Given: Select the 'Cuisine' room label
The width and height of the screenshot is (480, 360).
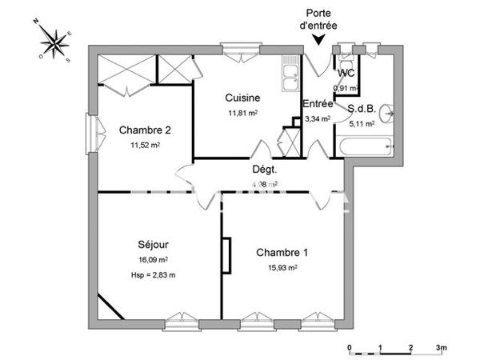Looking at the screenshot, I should [242, 98].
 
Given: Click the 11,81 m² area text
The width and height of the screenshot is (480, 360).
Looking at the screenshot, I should [242, 113].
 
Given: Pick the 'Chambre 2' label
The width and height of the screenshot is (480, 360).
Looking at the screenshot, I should [145, 130].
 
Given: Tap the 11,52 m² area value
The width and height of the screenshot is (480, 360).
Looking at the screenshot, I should [145, 146].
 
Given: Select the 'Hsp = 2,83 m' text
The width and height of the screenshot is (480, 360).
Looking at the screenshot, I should [152, 275].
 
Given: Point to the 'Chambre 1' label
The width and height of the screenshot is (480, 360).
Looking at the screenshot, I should [282, 253].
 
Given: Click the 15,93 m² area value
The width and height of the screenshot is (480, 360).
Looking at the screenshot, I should [282, 268].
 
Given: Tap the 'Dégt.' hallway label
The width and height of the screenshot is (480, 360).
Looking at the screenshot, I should [264, 170].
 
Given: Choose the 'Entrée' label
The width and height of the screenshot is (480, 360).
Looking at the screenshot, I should [318, 104].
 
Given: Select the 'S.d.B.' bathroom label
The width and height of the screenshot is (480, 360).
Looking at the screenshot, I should [361, 108].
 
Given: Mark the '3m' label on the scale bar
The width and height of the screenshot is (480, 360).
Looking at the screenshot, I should [441, 348].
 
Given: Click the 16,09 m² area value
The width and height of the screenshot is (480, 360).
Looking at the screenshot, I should [152, 260].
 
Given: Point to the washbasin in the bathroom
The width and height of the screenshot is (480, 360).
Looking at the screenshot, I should [388, 112].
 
